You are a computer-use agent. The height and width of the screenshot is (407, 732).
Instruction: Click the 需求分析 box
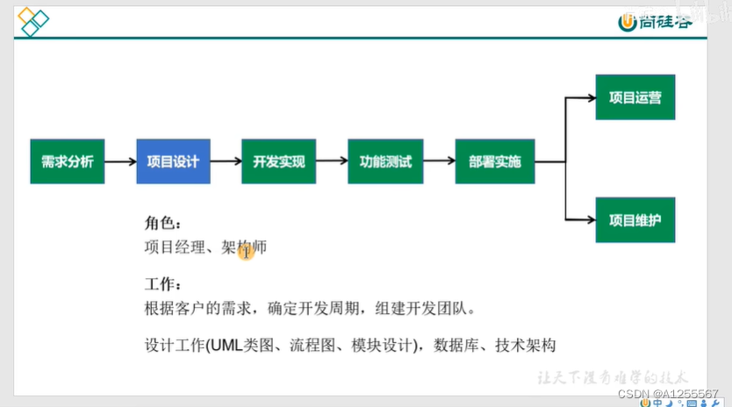(x=68, y=161)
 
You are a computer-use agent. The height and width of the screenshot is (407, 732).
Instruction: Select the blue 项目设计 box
(x=173, y=161)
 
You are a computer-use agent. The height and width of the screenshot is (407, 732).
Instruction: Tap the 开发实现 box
(x=278, y=161)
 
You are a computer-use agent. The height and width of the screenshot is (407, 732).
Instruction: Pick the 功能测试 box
(x=385, y=161)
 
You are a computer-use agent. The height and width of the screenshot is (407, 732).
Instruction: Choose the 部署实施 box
(x=494, y=161)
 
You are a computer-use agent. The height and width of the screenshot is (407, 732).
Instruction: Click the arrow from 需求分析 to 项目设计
(x=120, y=161)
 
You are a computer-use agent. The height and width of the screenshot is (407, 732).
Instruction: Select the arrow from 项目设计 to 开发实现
(x=226, y=161)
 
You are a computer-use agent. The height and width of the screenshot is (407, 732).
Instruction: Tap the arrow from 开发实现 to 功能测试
(x=332, y=161)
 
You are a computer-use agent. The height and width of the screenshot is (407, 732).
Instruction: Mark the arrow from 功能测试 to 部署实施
(x=439, y=161)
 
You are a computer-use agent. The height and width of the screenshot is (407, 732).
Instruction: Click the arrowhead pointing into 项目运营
(x=590, y=98)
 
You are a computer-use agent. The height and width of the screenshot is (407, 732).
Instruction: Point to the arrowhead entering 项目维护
(x=590, y=221)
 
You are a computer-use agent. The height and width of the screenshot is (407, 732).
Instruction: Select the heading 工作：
(x=162, y=285)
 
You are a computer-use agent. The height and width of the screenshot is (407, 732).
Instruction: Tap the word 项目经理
(x=174, y=247)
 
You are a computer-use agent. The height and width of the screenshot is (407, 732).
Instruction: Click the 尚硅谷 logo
(x=657, y=21)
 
